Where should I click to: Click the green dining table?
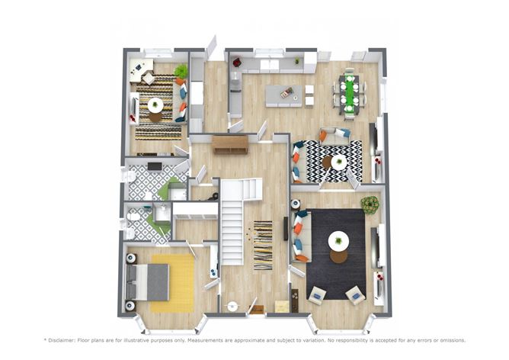350,95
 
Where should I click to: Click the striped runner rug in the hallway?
262,244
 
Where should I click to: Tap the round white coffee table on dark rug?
338,242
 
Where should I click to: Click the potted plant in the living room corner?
370,204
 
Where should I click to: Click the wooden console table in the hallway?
229,143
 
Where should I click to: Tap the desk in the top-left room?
141,69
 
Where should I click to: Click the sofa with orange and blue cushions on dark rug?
300,236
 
